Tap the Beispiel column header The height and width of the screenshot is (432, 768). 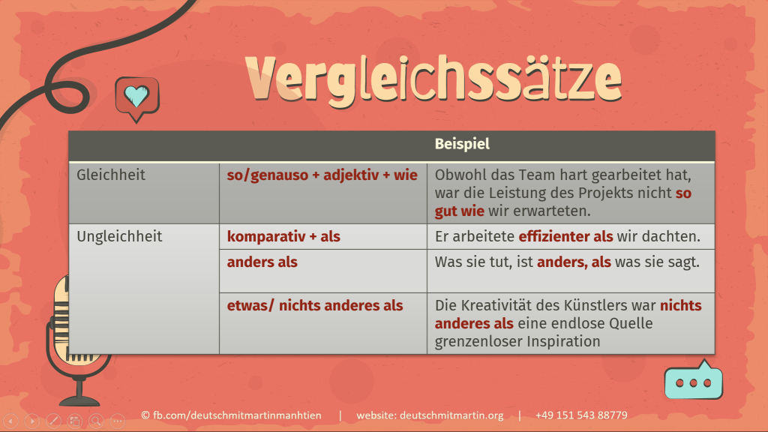462,144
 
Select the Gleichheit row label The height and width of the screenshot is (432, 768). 111,175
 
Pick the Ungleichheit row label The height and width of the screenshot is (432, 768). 119,236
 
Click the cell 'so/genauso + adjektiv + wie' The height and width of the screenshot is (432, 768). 322,175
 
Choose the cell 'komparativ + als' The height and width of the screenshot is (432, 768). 283,236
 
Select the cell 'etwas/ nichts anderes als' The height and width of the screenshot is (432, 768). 315,305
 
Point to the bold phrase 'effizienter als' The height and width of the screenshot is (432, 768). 565,236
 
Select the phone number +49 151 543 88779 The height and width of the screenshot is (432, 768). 581,415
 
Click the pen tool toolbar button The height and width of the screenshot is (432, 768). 52,421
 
